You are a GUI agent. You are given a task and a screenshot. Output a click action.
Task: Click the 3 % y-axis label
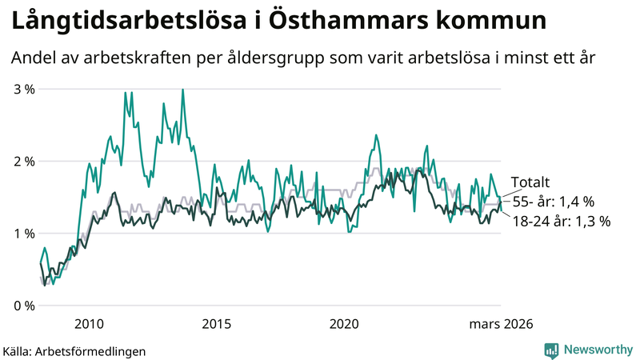click(x=24, y=89)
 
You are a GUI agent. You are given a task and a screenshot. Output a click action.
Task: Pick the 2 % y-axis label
click(x=24, y=161)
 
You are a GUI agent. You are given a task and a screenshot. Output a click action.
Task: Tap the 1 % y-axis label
click(x=24, y=234)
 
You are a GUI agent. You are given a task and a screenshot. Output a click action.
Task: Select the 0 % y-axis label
click(x=24, y=306)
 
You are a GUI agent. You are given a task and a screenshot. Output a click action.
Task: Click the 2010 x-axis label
click(x=88, y=323)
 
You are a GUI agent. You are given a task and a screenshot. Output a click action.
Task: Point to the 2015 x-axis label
click(x=216, y=323)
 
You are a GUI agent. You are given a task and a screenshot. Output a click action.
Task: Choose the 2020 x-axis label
click(x=344, y=323)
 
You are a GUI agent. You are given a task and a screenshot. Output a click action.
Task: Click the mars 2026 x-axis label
click(x=500, y=323)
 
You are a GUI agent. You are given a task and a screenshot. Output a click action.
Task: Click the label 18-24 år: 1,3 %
click(x=561, y=222)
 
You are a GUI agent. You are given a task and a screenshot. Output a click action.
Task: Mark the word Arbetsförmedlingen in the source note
click(x=97, y=350)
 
